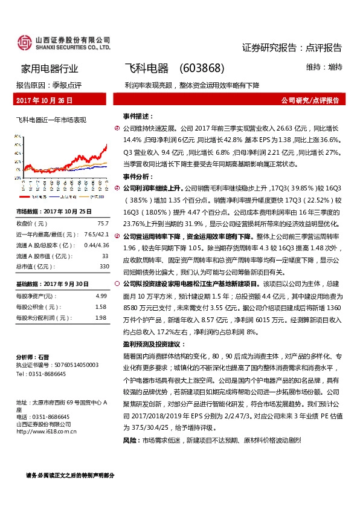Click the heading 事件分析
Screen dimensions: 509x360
coord(137,177)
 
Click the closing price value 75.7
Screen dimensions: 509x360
coord(103,223)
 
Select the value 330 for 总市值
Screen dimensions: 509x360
coord(104,265)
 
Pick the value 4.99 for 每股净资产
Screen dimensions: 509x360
coord(101,296)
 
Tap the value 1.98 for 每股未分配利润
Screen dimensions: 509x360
coord(101,316)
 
